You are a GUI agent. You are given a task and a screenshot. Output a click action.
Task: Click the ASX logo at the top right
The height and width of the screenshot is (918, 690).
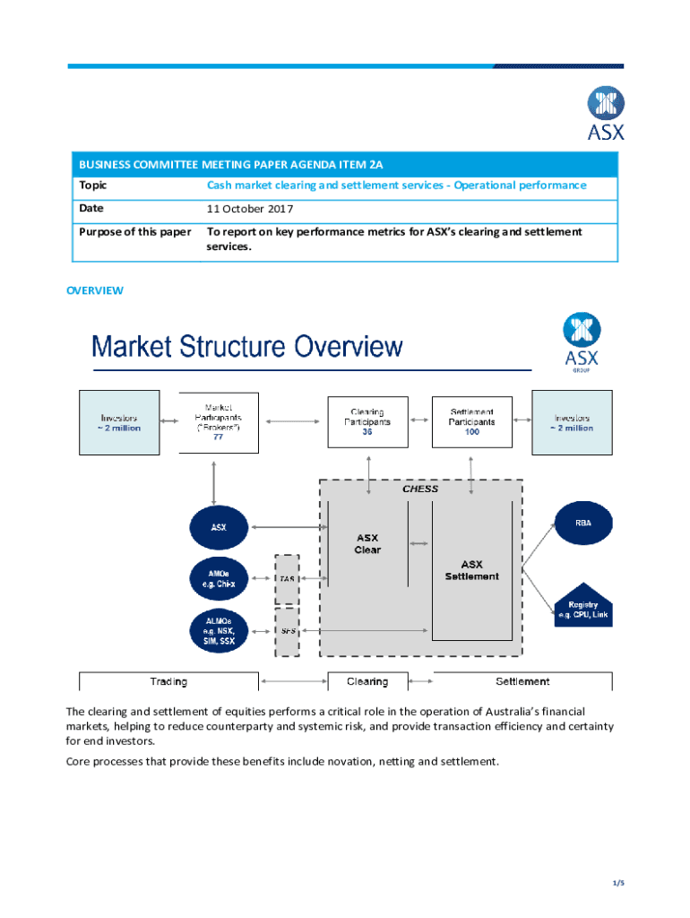pyautogui.click(x=606, y=113)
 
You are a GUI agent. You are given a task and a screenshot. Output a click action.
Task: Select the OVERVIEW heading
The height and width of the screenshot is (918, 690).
pyautogui.click(x=95, y=290)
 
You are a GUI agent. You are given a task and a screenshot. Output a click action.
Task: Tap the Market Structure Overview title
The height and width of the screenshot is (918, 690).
pyautogui.click(x=247, y=346)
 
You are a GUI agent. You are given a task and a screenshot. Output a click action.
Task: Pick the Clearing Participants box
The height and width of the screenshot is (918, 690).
pyautogui.click(x=367, y=421)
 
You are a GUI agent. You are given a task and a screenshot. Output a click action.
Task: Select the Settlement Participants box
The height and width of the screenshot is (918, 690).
pyautogui.click(x=472, y=421)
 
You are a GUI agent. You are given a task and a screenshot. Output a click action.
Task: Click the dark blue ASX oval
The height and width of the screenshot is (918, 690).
pyautogui.click(x=219, y=527)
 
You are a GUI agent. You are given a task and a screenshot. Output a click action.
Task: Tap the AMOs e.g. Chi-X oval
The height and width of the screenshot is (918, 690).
pyautogui.click(x=219, y=578)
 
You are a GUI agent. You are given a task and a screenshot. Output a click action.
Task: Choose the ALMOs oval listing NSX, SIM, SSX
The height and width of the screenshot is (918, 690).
pyautogui.click(x=219, y=630)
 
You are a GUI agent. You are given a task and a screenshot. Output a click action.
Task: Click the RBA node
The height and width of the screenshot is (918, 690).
pyautogui.click(x=583, y=523)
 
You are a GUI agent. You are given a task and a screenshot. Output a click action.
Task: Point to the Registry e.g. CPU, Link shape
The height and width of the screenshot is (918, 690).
pyautogui.click(x=583, y=607)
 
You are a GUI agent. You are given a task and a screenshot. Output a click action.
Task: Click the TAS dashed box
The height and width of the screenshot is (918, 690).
pyautogui.click(x=288, y=579)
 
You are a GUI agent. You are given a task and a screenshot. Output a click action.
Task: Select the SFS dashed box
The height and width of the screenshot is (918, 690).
pyautogui.click(x=288, y=631)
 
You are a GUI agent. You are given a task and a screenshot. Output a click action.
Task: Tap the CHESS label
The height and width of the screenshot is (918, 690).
pyautogui.click(x=420, y=489)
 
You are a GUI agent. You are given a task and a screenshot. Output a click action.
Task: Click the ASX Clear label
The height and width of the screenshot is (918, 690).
pyautogui.click(x=367, y=544)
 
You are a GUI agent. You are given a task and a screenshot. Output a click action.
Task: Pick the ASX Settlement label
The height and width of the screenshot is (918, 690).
pyautogui.click(x=472, y=570)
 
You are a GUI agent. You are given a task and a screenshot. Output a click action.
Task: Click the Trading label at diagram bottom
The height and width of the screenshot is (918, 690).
pyautogui.click(x=168, y=681)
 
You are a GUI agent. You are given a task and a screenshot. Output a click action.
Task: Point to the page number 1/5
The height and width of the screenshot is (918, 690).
pyautogui.click(x=617, y=884)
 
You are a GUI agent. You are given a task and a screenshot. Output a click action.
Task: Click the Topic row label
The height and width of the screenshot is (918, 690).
pyautogui.click(x=92, y=186)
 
